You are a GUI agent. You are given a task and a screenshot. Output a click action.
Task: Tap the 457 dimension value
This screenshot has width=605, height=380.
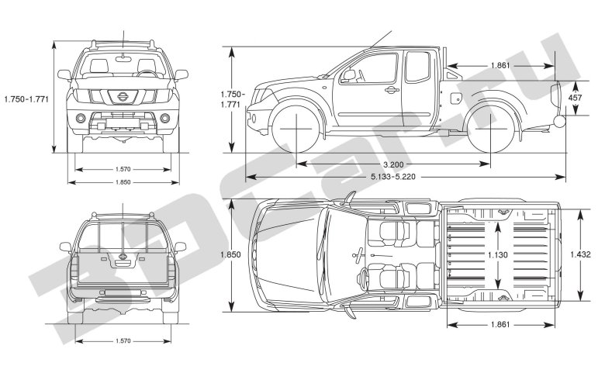575,98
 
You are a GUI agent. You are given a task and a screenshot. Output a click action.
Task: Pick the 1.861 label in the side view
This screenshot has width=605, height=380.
500,66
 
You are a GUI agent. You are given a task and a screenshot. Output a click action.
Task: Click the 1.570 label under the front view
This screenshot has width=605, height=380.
124,168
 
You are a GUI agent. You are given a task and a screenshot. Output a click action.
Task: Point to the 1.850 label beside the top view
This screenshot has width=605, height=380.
230,254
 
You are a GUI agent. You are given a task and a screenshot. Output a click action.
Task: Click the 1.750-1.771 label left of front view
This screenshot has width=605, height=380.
26,99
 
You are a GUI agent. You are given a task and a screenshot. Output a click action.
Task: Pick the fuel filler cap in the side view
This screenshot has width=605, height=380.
445,98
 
